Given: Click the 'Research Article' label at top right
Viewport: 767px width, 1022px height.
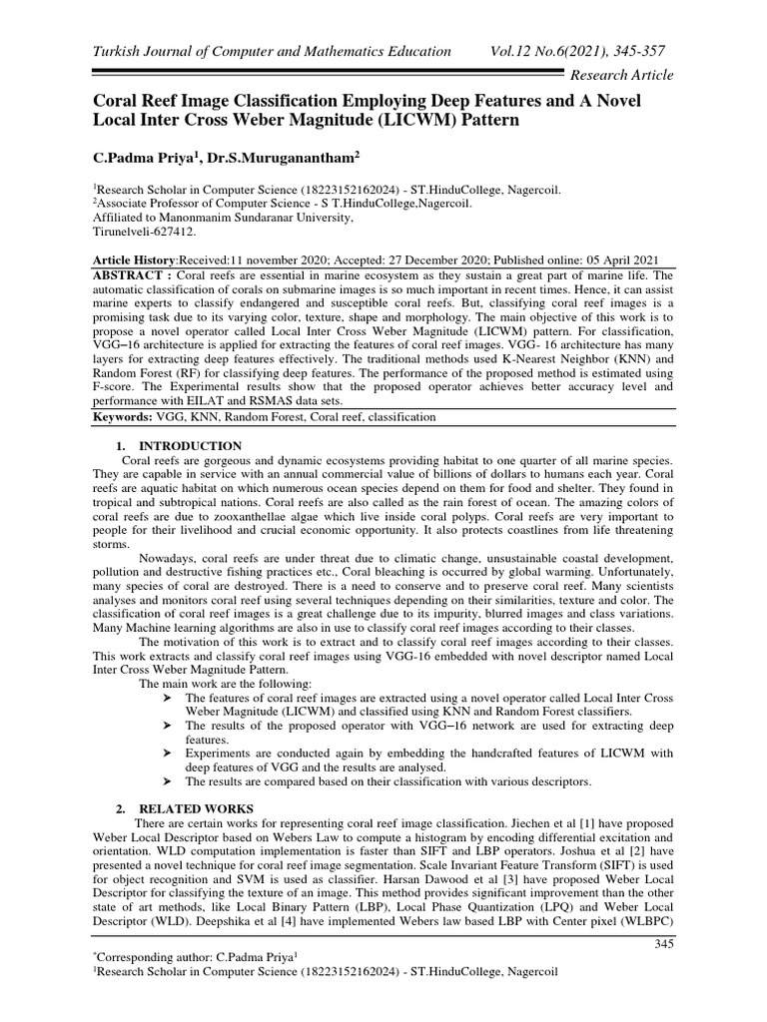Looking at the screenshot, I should (620, 75).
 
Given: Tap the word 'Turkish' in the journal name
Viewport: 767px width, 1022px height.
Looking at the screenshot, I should (118, 51).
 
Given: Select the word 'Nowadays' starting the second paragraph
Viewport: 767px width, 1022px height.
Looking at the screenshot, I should (169, 558).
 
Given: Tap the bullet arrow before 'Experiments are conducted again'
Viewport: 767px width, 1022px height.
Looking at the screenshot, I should (166, 752).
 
